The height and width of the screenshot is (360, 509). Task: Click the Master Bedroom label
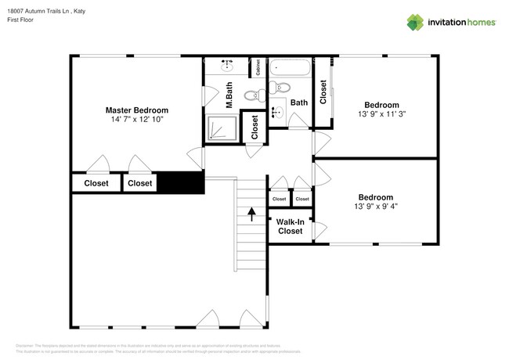click(137, 110)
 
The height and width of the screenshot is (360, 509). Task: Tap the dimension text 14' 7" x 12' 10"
click(137, 121)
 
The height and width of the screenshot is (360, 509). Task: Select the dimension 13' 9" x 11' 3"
click(381, 113)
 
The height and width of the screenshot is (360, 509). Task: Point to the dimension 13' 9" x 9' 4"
click(376, 207)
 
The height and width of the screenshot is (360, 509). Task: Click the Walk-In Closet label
click(290, 226)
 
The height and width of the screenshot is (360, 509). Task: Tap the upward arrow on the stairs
click(251, 213)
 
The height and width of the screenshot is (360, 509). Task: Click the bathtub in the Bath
click(290, 67)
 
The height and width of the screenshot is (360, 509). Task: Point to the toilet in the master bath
click(252, 95)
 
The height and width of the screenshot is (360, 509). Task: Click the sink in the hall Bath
click(276, 112)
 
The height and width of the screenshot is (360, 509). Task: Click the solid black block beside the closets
click(182, 182)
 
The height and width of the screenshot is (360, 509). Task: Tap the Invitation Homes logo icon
click(414, 22)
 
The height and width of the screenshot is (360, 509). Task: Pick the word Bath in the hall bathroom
click(299, 103)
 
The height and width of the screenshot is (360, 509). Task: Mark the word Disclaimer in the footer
click(25, 344)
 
